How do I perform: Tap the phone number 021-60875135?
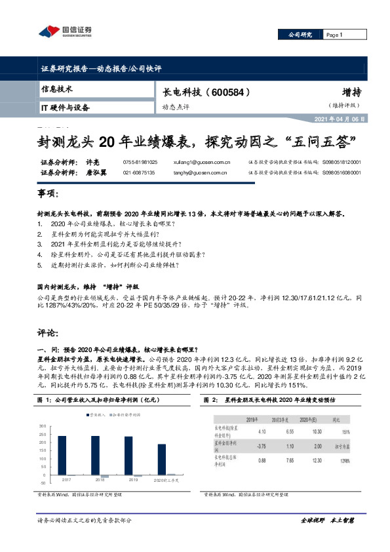point(140,172)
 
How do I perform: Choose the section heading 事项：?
point(47,195)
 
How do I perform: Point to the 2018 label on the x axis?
point(100,480)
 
